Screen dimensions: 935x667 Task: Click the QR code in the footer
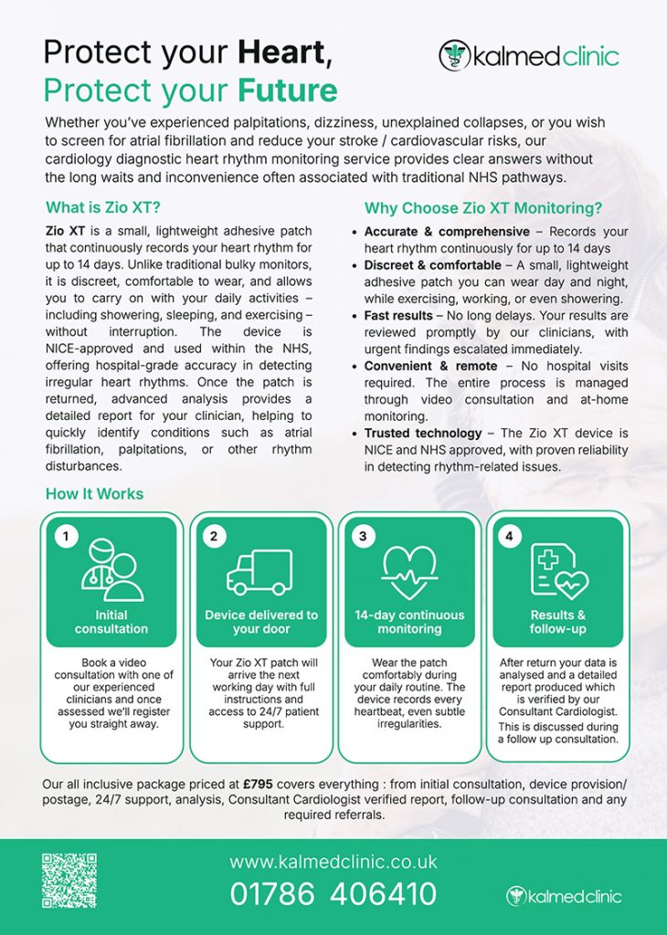tap(69, 880)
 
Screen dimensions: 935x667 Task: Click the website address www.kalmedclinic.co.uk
tap(333, 861)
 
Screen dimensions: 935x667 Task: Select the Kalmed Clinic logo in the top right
tap(529, 56)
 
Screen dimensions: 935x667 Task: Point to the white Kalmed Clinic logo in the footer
tap(563, 895)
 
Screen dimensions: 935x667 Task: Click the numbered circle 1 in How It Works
tap(65, 537)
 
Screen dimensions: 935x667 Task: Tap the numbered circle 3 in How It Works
tap(363, 537)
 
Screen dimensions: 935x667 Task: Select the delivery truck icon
tap(259, 573)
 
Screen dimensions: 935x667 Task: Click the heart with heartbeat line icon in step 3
tap(409, 573)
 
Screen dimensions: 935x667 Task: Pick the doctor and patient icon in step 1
tap(111, 571)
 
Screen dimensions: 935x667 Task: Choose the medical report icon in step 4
tap(557, 571)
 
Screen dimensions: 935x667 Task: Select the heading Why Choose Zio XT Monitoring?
tap(483, 207)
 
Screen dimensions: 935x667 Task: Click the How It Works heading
tap(94, 494)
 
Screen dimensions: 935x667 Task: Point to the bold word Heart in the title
tap(282, 52)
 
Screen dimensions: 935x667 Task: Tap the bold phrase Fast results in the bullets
tap(398, 315)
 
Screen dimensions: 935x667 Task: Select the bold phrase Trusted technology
tap(422, 433)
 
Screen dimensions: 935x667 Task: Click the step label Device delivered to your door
tap(260, 622)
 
